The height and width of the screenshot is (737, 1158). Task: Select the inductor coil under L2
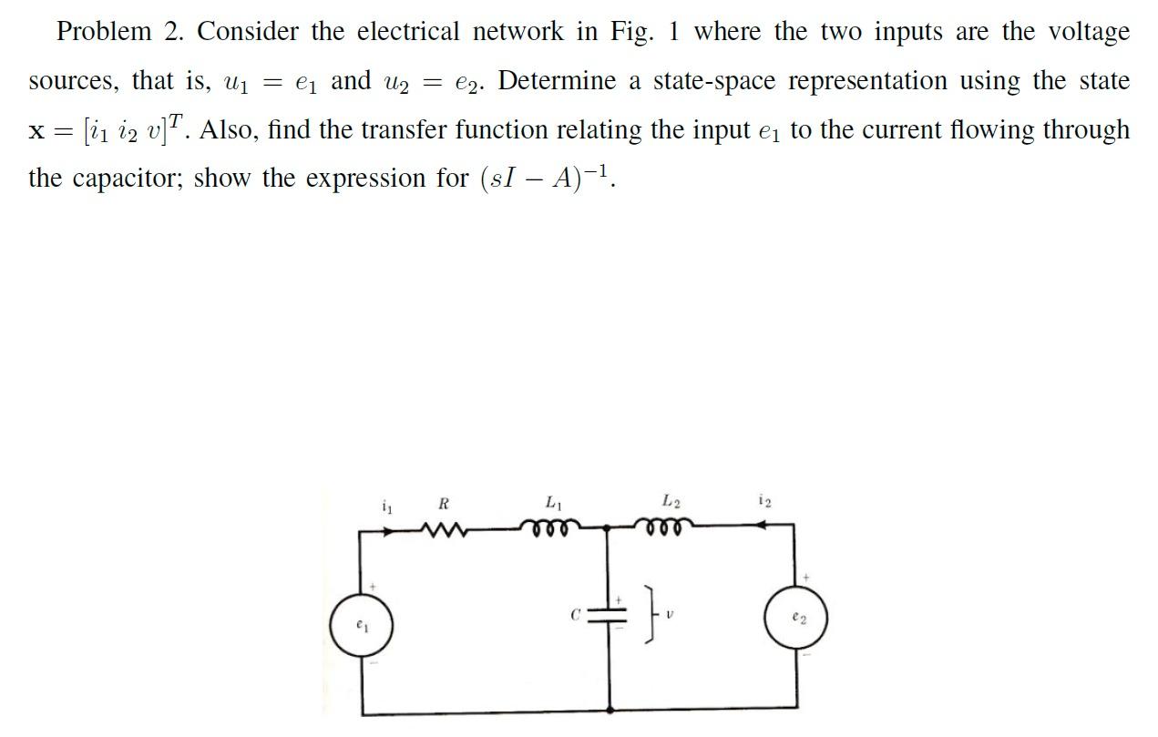665,527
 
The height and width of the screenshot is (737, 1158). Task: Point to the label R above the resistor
444,503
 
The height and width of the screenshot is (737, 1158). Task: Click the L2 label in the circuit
671,500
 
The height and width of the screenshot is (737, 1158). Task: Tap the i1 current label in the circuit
386,504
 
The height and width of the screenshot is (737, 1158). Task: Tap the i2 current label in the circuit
763,500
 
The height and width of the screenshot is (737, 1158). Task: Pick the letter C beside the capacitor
575,616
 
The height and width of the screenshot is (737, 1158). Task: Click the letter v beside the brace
670,616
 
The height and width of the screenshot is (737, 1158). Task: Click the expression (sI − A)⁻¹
548,178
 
